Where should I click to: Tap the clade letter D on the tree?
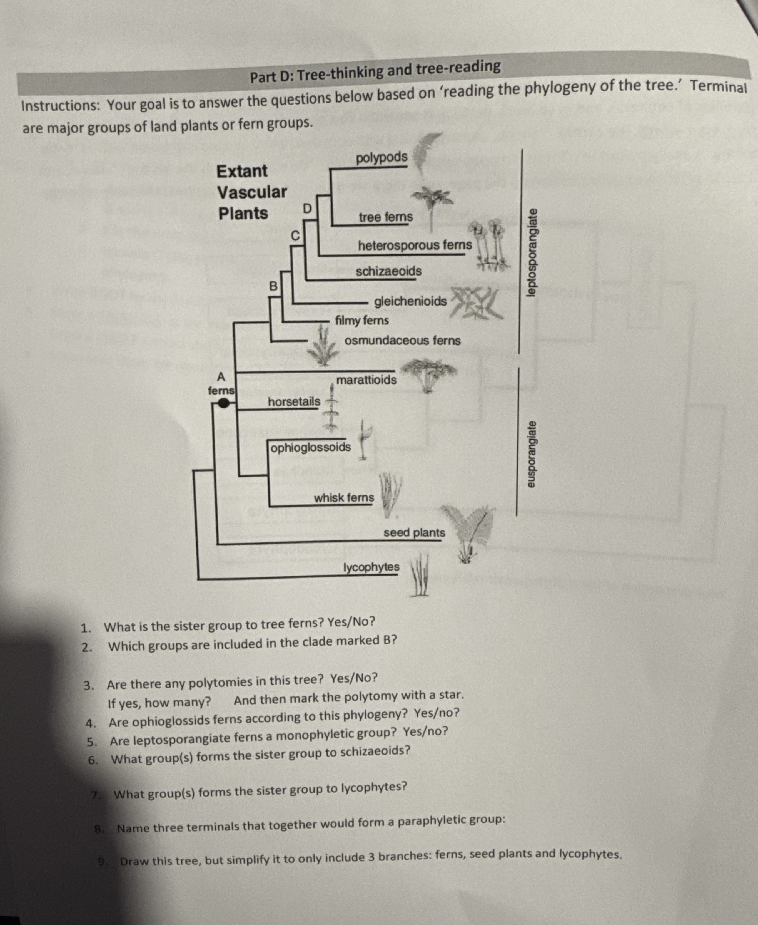pyautogui.click(x=307, y=209)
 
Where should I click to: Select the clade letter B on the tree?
pyautogui.click(x=273, y=286)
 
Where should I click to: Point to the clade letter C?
pyautogui.click(x=296, y=236)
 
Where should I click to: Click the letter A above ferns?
pyautogui.click(x=221, y=377)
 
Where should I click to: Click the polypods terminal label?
pyautogui.click(x=381, y=158)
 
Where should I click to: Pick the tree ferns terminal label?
pyautogui.click(x=386, y=217)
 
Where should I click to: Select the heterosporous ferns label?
pyautogui.click(x=415, y=245)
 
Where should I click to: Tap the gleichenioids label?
pyautogui.click(x=410, y=301)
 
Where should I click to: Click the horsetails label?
pyautogui.click(x=294, y=401)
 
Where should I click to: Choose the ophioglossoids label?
pyautogui.click(x=310, y=447)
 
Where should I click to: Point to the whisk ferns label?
pyautogui.click(x=344, y=498)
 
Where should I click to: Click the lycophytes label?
pyautogui.click(x=371, y=567)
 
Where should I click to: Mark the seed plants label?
pyautogui.click(x=414, y=533)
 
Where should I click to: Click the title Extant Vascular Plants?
pyautogui.click(x=251, y=192)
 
